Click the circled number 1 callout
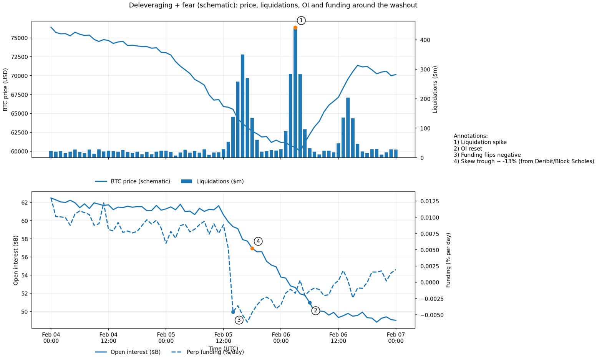coord(301,20)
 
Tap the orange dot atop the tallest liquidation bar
coord(295,28)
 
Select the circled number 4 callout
coord(258,241)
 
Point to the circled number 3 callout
coord(239,320)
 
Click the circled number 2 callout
coord(315,310)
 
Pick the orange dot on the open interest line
coord(252,248)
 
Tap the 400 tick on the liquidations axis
coord(425,40)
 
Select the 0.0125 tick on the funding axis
coord(430,201)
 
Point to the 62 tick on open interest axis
coord(25,202)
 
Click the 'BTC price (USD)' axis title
coord(5,89)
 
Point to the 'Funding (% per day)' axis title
coord(448,260)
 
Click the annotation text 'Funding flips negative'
coord(487,155)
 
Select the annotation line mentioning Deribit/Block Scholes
coord(524,161)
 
